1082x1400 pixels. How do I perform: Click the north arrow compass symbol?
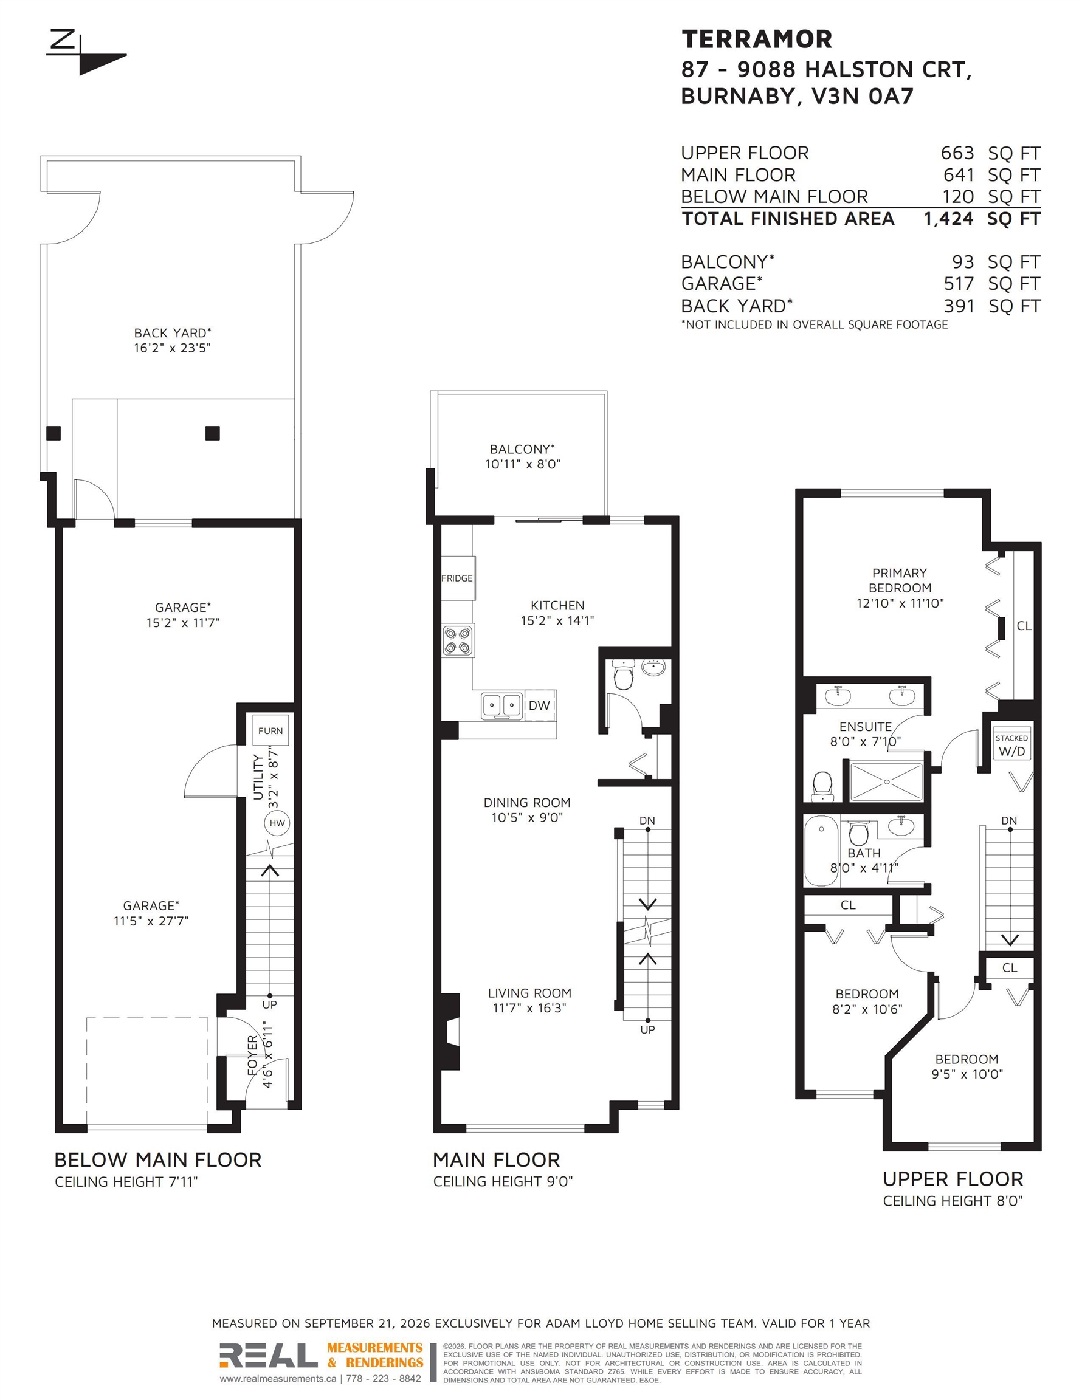coord(86,53)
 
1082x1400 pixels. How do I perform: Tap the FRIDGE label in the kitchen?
coord(457,578)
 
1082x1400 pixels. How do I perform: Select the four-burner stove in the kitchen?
coord(458,640)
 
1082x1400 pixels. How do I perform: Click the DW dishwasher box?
coord(539,705)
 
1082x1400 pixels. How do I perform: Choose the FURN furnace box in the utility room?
coord(270,730)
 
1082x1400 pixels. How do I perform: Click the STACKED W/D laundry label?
coord(1011,746)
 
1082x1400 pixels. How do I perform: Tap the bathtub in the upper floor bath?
coord(822,851)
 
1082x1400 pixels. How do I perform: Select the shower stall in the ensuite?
coord(886,781)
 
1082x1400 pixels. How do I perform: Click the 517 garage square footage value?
coord(958,283)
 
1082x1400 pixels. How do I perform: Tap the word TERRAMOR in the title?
coord(757,39)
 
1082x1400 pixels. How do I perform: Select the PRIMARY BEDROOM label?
coord(900,580)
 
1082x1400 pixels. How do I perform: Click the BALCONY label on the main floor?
coord(522,450)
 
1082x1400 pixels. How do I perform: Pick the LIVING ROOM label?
coord(529,993)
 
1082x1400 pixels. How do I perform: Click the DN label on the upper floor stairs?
coord(1009,820)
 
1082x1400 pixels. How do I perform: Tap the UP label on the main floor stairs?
coord(647,1029)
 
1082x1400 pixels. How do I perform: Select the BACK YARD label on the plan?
coord(173,333)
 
